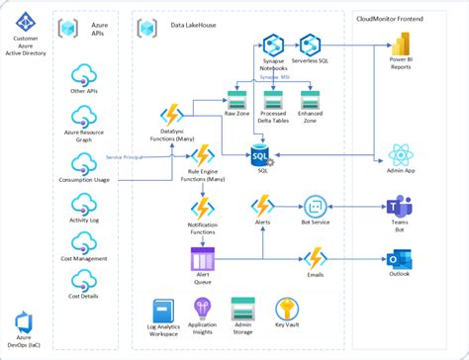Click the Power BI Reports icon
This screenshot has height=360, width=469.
coord(401,45)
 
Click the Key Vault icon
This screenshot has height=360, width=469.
coord(288,309)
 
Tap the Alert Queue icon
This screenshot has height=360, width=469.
coord(203,260)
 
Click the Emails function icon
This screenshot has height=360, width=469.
coord(315,259)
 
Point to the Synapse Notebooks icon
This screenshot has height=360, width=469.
coord(273,45)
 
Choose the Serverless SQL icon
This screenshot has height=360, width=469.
coord(310,45)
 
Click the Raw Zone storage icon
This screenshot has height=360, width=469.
coord(237,100)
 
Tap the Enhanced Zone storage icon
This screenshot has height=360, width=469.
coord(314,100)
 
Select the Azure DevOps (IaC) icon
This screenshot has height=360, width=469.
coord(24,318)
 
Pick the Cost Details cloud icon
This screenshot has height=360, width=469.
coord(84,281)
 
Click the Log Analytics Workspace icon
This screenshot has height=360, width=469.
coord(163,310)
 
